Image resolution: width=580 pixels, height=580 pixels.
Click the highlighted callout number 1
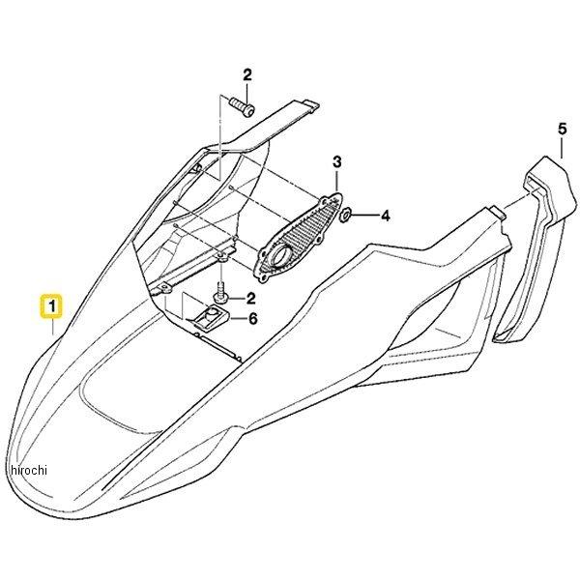coord(52,306)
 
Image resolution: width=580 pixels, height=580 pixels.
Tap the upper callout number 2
coord(247,74)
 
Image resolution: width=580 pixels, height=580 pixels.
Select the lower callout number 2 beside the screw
coord(250,298)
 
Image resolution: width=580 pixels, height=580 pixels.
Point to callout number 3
coord(336,162)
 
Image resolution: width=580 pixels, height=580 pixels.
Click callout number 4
coord(386,216)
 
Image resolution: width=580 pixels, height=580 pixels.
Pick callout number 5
coord(562,130)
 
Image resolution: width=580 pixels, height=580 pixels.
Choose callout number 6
coord(252,318)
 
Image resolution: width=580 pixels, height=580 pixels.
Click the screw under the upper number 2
coord(243,106)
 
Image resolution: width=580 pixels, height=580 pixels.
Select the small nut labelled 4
coord(346,215)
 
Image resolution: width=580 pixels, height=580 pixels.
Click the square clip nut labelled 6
coord(209,318)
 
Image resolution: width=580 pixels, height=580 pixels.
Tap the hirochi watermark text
coord(29,470)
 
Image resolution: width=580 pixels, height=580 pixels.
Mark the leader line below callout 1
coord(52,327)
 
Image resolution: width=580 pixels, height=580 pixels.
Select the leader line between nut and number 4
coord(364,215)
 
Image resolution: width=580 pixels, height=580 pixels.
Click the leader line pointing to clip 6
coord(238,318)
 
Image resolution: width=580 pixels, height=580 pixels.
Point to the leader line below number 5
coord(562,147)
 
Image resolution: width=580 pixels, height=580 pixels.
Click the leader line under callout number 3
coord(336,181)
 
